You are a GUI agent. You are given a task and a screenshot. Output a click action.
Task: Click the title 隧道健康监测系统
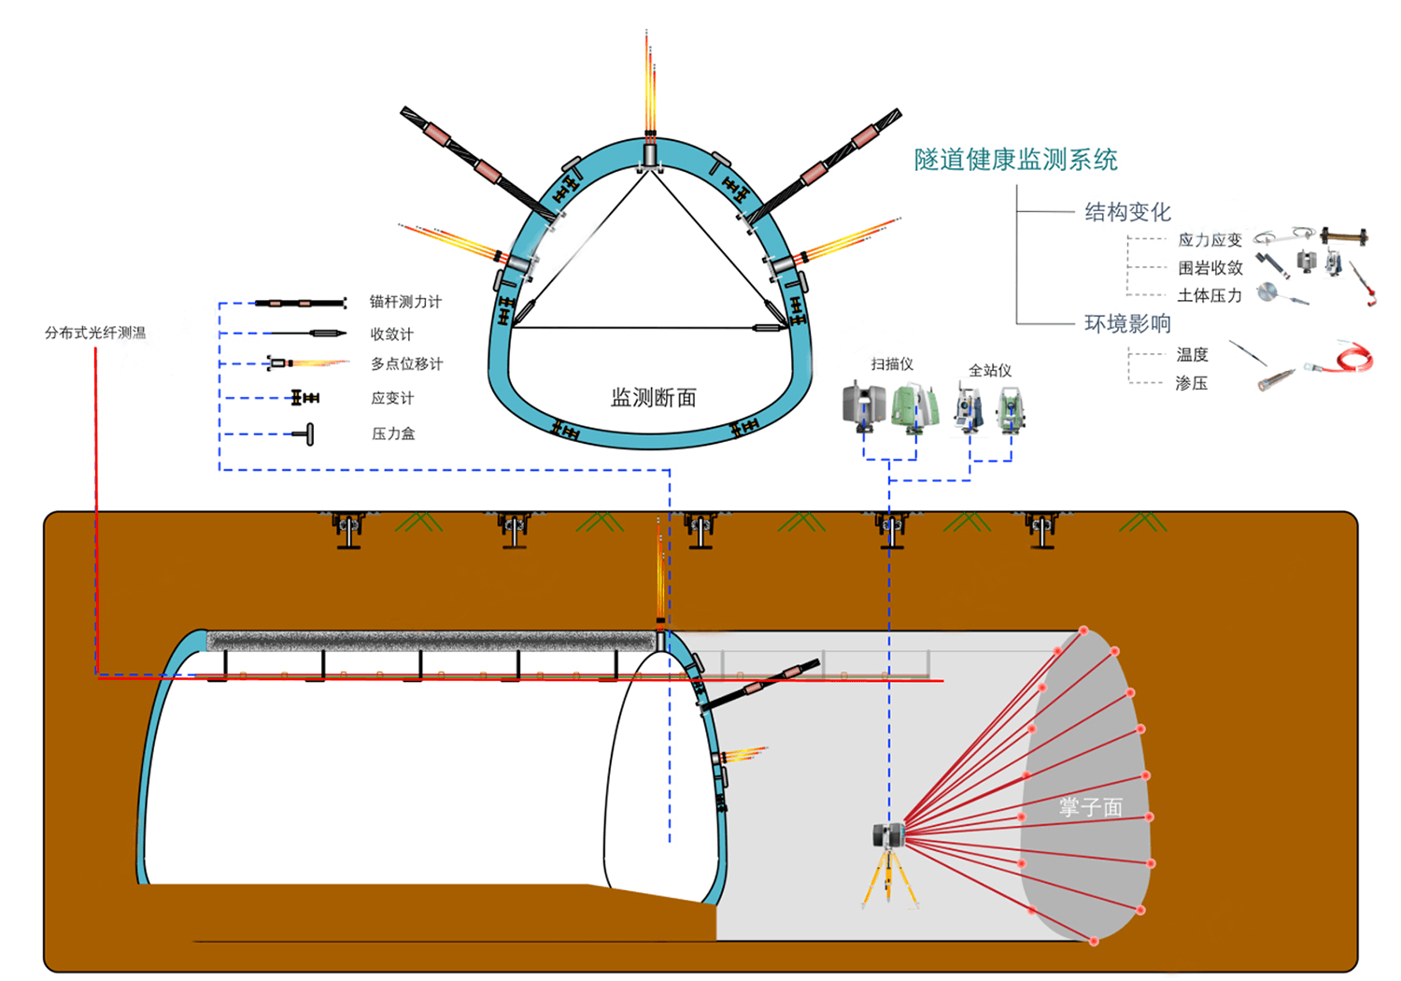tap(1015, 160)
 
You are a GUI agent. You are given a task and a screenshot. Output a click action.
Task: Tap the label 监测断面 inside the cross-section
tap(653, 398)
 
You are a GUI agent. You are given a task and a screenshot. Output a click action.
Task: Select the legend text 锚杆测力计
tap(405, 302)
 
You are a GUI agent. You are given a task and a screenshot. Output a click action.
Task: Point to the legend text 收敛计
tap(391, 334)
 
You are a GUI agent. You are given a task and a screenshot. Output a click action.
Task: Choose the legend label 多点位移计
tap(406, 363)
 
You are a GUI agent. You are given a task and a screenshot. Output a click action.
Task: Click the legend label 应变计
tap(392, 398)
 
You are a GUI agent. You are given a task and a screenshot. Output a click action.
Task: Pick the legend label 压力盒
tap(393, 434)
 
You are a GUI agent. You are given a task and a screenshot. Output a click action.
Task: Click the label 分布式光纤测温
tap(95, 333)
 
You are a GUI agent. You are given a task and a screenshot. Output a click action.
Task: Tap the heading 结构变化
tap(1127, 212)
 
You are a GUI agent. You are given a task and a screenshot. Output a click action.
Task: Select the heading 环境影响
tap(1127, 324)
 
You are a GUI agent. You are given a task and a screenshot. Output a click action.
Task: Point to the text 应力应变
tap(1210, 240)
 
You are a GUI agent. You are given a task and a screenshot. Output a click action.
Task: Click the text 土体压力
tap(1210, 295)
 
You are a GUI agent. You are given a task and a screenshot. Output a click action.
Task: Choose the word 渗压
tap(1191, 383)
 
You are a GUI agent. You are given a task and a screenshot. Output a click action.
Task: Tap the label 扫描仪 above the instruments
tap(892, 363)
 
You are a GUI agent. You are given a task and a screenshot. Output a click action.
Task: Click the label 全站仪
tap(990, 370)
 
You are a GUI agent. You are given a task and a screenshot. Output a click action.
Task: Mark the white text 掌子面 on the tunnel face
tap(1090, 807)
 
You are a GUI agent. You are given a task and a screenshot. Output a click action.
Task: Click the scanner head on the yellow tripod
tap(888, 833)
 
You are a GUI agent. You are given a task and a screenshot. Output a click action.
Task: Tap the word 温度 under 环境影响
tap(1192, 355)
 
